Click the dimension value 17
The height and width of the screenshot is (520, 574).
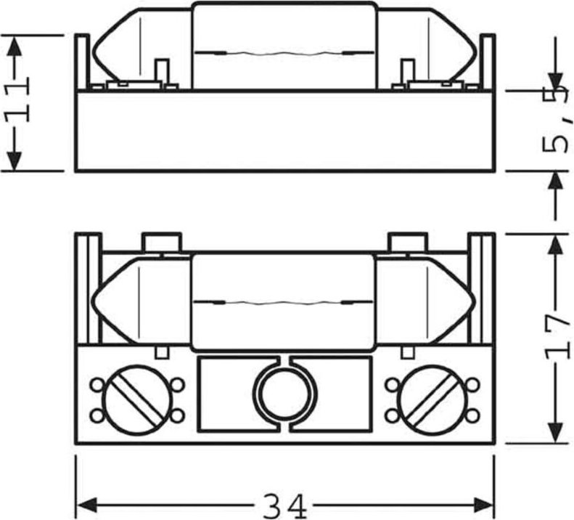pos(557,336)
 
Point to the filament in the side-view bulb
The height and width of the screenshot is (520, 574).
pos(284,52)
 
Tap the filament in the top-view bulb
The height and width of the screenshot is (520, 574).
pos(284,301)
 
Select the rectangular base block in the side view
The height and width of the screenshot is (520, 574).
pos(284,131)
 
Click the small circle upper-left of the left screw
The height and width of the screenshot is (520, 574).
pos(96,383)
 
